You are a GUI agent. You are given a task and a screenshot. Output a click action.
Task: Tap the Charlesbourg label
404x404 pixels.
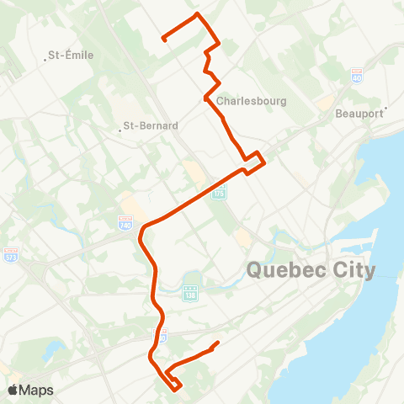click(x=252, y=101)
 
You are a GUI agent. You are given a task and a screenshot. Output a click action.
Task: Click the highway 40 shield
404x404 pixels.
click(x=357, y=75)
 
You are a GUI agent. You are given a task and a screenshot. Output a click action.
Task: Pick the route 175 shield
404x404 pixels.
click(x=220, y=193)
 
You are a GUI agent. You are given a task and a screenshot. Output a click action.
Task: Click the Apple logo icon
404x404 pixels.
click(x=13, y=390)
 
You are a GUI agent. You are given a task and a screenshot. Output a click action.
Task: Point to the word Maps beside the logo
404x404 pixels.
click(x=37, y=390)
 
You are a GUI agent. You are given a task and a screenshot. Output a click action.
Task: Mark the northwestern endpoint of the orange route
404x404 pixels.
click(x=163, y=39)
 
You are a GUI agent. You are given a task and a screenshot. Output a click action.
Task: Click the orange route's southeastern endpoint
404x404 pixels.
click(x=218, y=343)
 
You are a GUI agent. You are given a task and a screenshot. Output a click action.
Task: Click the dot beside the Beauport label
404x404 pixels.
click(x=385, y=109)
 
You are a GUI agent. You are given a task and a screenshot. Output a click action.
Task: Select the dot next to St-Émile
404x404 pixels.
click(x=45, y=59)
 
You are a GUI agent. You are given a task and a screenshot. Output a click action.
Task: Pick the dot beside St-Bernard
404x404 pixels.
click(x=120, y=130)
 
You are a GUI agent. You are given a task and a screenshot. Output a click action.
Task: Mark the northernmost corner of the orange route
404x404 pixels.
click(x=198, y=14)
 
